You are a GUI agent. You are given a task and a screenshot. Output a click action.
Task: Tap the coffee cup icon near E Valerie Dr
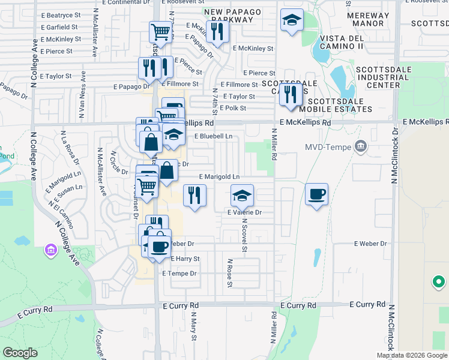[316, 194]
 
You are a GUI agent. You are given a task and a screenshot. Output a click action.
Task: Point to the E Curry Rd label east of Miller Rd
[366, 305]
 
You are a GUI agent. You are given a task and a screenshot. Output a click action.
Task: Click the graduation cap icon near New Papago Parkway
[292, 20]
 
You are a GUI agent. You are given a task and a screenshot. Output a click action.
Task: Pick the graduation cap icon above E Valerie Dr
[242, 195]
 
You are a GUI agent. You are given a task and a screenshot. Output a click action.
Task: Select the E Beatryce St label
[61, 15]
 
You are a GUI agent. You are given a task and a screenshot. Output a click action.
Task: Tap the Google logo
[21, 353]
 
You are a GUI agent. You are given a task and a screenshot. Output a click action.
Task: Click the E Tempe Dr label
[179, 273]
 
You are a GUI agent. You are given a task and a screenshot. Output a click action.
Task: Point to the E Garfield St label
[59, 27]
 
